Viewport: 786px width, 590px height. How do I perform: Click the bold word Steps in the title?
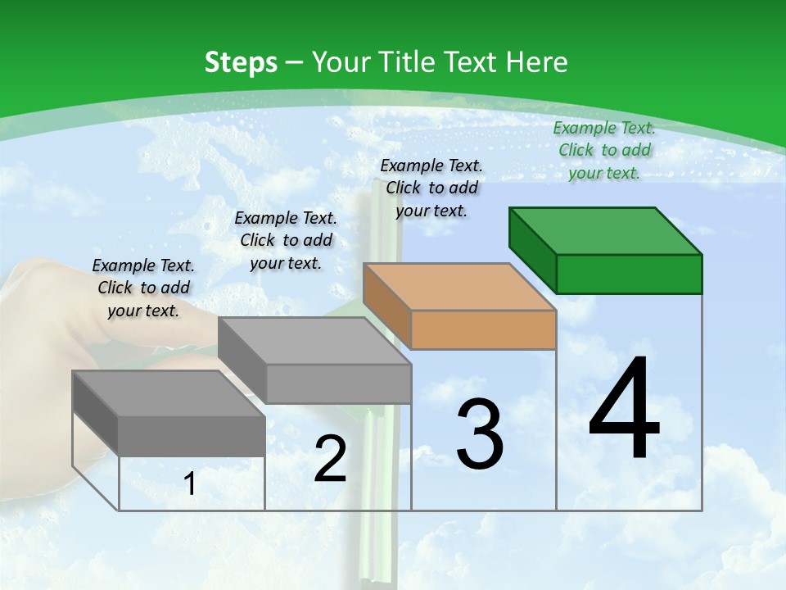click(241, 62)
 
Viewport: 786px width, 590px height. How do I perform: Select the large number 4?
click(624, 410)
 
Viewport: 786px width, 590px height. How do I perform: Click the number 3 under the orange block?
click(479, 434)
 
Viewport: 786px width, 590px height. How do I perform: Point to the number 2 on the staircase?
click(331, 459)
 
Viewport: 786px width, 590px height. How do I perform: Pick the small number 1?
click(190, 484)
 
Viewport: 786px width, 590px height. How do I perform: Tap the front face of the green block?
click(629, 274)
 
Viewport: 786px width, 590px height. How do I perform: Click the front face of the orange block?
click(483, 329)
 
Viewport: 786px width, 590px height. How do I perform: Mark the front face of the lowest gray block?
click(192, 436)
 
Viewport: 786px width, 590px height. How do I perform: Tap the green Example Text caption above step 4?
click(604, 150)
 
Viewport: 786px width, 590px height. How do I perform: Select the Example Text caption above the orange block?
click(431, 188)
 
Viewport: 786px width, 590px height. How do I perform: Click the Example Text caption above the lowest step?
click(143, 288)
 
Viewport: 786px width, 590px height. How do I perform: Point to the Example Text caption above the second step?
click(286, 240)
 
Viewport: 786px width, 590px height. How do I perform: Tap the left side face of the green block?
click(532, 249)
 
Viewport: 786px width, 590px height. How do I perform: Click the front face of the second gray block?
click(338, 383)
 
